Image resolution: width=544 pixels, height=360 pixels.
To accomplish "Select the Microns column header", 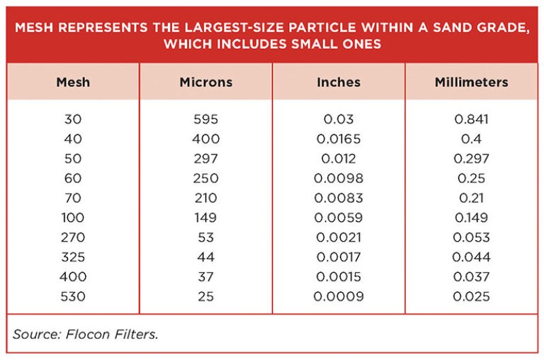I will [206, 82].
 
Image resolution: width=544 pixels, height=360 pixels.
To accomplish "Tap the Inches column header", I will [339, 82].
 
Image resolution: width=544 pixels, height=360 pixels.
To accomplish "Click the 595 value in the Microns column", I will [206, 119].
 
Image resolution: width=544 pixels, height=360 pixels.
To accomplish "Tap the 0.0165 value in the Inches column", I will [339, 139].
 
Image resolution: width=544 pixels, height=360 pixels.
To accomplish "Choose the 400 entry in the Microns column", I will [206, 139].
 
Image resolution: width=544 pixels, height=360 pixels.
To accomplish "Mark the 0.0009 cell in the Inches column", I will [339, 297].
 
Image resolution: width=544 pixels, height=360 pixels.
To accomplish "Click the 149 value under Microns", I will [206, 218].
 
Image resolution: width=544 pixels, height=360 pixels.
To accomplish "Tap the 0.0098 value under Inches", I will [339, 178].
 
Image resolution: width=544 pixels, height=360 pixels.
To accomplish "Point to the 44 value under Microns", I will [206, 257].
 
